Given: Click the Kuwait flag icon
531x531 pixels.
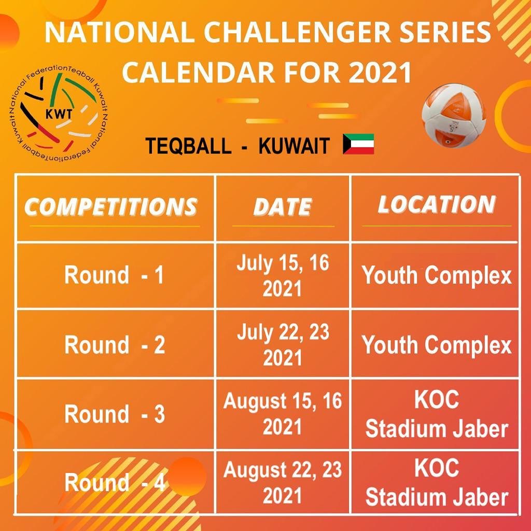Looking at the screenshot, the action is [358, 144].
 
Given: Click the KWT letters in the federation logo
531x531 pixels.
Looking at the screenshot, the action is [59, 114].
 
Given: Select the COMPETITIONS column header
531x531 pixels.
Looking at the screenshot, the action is [111, 206].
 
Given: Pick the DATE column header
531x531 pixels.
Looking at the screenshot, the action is [283, 206].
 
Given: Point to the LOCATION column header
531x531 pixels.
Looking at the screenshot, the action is [437, 204].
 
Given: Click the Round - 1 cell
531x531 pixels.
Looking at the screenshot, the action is [115, 275].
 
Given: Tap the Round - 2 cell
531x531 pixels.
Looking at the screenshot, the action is [115, 344].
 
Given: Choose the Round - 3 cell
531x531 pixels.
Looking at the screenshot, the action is [115, 414].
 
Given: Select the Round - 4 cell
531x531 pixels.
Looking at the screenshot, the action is [115, 482].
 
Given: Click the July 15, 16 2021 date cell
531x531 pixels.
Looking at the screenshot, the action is [283, 275].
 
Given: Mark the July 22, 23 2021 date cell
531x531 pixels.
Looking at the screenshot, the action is [283, 344].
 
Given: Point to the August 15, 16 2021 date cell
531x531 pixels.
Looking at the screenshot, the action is [283, 413].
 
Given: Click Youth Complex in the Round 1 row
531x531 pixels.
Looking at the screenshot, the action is [437, 275].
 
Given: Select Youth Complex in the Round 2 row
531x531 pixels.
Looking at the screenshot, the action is [437, 345].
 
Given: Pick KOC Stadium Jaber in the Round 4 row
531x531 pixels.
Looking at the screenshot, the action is [437, 482].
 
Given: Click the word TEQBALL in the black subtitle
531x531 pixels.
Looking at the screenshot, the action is [188, 146].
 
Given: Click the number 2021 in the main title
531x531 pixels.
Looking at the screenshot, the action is [380, 72].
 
